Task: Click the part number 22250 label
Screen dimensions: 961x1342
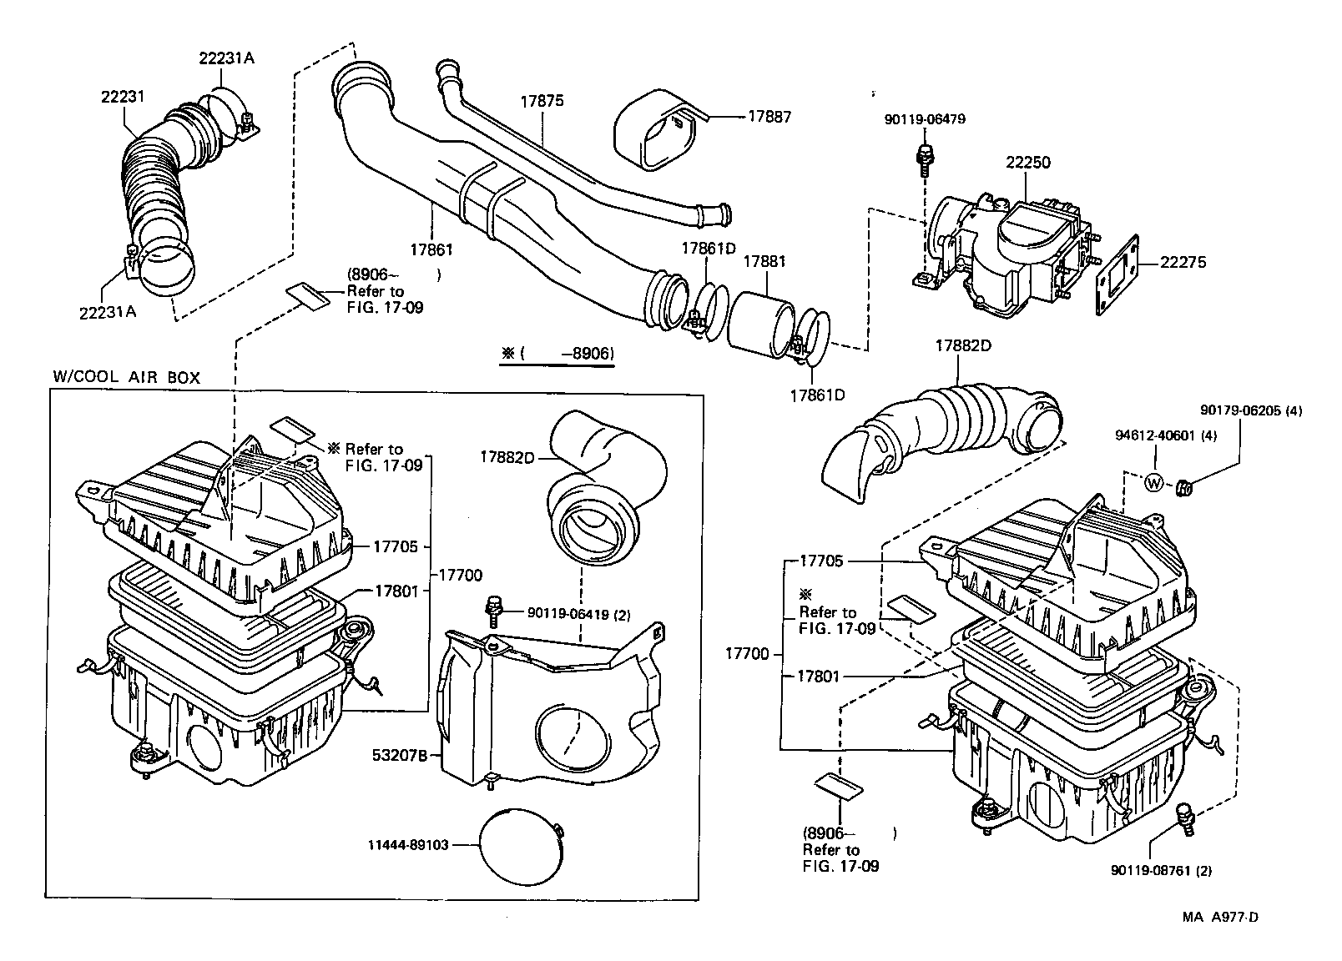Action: tap(1027, 163)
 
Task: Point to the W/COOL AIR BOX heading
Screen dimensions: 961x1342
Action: tap(127, 377)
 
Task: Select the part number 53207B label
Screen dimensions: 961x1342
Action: tap(400, 756)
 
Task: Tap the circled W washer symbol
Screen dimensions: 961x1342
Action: tap(1153, 482)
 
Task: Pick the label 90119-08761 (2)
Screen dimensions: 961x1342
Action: tap(1161, 870)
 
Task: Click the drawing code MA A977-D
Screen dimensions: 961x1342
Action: tap(1219, 918)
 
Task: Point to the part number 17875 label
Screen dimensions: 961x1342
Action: tap(542, 101)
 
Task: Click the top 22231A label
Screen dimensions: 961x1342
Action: tap(226, 58)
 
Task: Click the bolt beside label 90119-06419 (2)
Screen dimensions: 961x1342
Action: tap(494, 611)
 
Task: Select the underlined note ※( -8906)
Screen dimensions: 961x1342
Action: tap(557, 354)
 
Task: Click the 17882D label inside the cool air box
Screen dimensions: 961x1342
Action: tap(507, 456)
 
